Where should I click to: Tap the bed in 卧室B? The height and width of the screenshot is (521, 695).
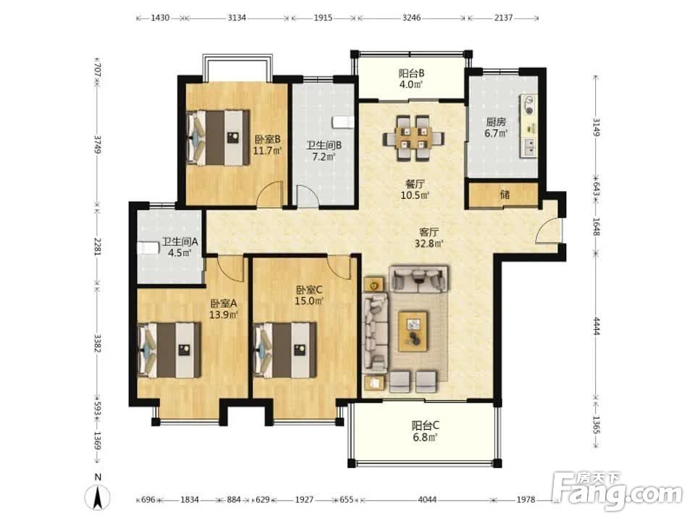coord(218,137)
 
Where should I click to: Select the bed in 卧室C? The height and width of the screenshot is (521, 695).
coord(285,350)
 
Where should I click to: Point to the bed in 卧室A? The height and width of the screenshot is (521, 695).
coord(169,350)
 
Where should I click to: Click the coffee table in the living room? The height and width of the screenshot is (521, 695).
coord(413,331)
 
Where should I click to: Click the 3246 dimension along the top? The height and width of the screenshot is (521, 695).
coord(411,17)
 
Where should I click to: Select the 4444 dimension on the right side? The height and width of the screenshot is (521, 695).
coord(596,326)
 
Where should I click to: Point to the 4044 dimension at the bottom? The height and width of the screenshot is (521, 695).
coord(427,500)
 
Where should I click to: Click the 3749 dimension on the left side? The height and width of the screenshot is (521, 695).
coord(98,145)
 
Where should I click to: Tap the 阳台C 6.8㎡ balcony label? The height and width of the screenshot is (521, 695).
coord(425,431)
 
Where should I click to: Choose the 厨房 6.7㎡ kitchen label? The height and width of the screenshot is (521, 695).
coord(496,127)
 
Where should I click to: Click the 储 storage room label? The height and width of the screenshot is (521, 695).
coord(505,194)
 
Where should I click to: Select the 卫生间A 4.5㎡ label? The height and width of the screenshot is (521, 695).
coord(180,247)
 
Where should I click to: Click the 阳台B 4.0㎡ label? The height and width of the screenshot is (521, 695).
coord(411,78)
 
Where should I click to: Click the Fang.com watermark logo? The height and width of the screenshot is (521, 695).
coord(618,491)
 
